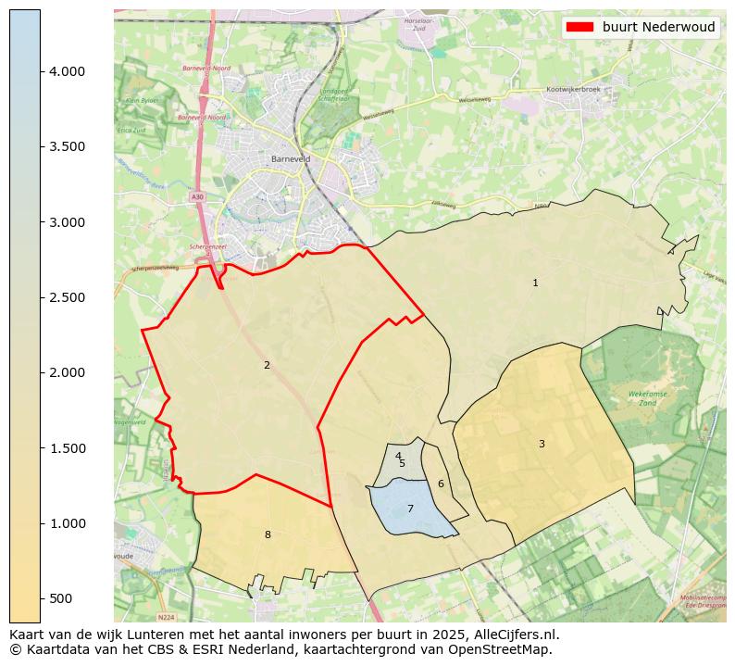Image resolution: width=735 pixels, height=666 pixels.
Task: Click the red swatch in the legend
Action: (x=579, y=27)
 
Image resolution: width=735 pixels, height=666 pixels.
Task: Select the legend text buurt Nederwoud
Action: (x=658, y=27)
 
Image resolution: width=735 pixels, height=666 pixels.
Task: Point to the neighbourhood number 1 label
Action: (x=535, y=283)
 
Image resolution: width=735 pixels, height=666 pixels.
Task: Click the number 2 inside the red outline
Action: (x=267, y=365)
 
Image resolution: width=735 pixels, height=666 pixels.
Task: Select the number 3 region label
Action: (x=542, y=444)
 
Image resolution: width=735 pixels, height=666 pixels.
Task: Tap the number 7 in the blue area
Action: (x=410, y=509)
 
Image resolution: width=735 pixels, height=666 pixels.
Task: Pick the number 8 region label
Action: (x=268, y=534)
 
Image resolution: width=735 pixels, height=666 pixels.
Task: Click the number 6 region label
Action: (x=441, y=484)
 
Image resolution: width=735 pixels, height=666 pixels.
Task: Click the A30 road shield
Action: (x=197, y=196)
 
